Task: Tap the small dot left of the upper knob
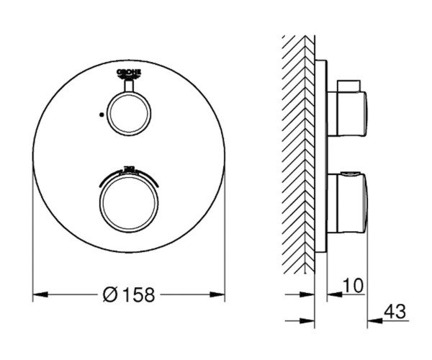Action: click(102, 113)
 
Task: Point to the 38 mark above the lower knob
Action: click(130, 168)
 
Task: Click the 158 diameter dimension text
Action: click(138, 294)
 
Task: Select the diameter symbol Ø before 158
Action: click(110, 294)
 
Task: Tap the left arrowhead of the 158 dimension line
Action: click(40, 294)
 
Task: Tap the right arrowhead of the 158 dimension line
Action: click(220, 294)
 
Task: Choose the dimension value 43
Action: click(395, 312)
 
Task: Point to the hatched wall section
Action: click(297, 144)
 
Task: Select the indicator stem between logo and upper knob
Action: click(130, 85)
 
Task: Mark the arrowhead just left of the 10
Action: click(333, 294)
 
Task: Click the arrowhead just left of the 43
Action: click(374, 320)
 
